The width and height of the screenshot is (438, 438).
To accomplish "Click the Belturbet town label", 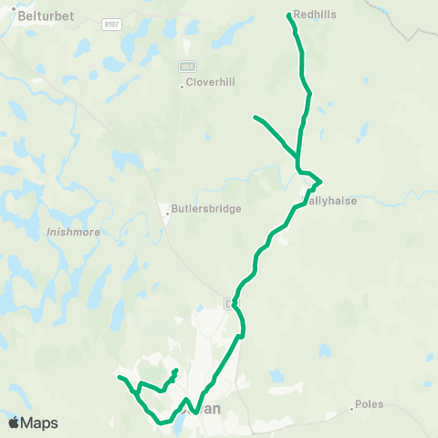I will [x=43, y=16].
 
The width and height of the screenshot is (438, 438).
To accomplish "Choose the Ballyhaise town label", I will [x=330, y=201].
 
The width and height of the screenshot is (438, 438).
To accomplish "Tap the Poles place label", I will [x=370, y=403].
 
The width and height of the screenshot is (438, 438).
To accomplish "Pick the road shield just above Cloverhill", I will [x=187, y=67].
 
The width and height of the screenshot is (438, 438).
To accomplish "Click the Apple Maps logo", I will [x=33, y=423].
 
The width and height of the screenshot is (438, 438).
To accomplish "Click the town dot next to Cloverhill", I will [x=182, y=88].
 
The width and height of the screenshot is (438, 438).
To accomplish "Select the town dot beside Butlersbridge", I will [x=168, y=215].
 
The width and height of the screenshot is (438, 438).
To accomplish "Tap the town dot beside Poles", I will [x=352, y=409].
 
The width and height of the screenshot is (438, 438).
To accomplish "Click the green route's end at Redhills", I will [x=288, y=15].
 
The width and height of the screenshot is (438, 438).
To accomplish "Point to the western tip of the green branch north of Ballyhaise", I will [x=255, y=117].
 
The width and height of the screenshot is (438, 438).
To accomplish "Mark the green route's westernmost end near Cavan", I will [x=119, y=376].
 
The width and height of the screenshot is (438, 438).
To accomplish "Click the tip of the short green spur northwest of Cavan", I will [x=175, y=370].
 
